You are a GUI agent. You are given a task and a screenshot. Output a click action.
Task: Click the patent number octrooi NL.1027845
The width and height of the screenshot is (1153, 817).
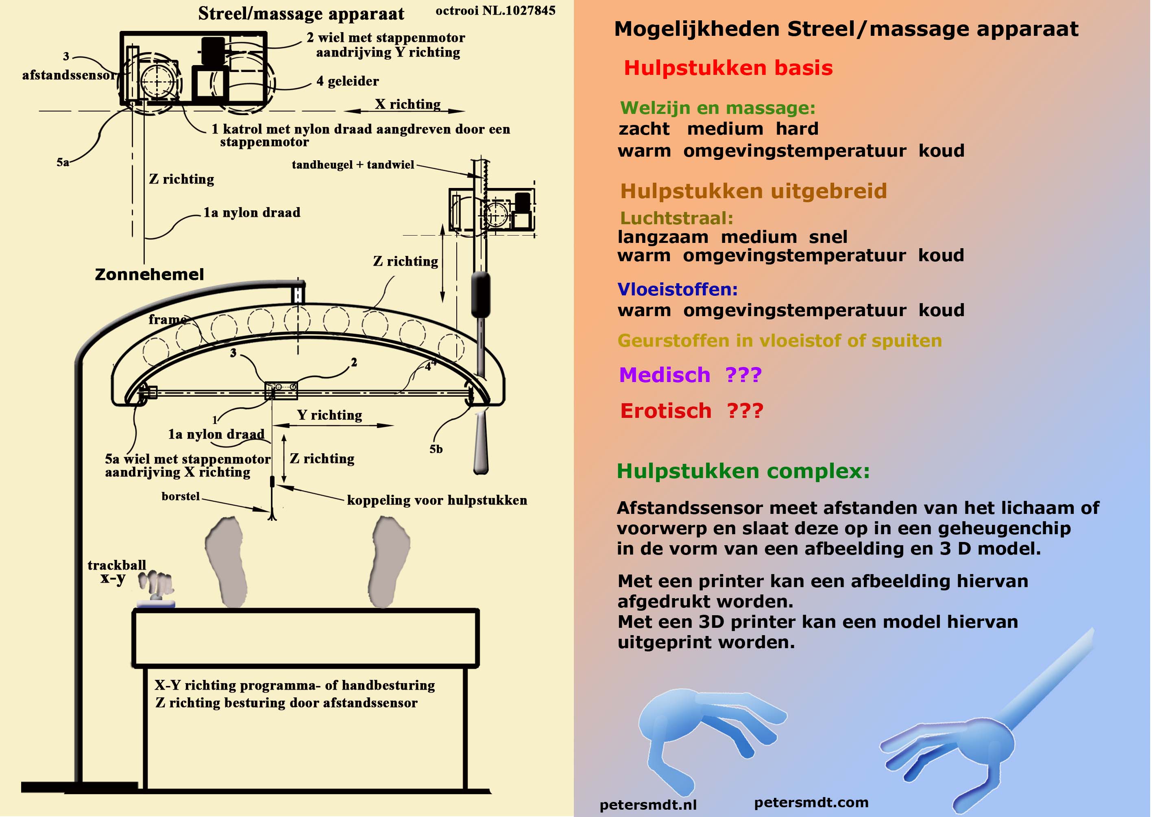495,11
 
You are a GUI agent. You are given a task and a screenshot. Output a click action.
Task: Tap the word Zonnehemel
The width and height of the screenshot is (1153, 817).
149,274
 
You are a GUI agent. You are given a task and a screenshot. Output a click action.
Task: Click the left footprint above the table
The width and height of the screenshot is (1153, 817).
227,561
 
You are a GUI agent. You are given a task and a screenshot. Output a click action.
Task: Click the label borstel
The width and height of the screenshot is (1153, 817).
181,496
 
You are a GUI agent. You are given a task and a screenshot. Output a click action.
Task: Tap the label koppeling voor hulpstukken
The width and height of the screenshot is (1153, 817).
436,500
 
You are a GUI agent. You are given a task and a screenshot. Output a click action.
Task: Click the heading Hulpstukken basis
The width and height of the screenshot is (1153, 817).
728,68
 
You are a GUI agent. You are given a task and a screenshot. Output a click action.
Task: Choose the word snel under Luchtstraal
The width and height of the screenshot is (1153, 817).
828,237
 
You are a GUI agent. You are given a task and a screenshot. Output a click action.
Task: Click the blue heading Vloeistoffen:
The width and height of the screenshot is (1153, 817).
677,289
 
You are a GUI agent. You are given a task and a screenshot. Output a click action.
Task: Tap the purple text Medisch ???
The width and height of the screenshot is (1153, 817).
690,375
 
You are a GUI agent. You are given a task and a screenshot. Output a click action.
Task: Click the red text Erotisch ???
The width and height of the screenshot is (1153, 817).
691,411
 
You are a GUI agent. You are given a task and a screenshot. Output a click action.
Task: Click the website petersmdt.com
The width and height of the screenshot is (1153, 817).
811,802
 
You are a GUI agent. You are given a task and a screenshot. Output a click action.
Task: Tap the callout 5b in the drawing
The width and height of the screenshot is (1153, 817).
436,449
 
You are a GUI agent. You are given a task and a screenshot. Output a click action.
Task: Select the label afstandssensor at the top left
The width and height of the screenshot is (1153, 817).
68,75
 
